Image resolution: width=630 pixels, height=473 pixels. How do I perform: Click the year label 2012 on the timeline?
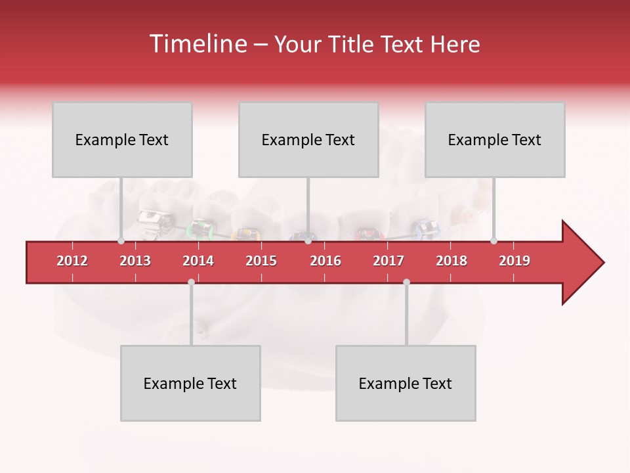click(72, 261)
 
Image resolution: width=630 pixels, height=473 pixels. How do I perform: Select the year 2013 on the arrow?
click(135, 261)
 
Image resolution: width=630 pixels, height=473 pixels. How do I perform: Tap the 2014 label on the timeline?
click(198, 261)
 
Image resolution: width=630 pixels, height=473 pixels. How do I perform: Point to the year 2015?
click(261, 261)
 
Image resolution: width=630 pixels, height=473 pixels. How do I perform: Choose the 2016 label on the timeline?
click(325, 261)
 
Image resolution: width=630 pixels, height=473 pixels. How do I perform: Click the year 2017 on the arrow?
click(388, 261)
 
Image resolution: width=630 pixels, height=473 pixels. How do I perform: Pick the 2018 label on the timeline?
click(451, 261)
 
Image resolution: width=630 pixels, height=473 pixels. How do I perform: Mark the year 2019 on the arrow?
click(514, 261)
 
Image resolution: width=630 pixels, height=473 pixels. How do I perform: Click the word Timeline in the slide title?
click(197, 44)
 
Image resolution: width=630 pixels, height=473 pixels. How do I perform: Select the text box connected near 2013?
click(122, 139)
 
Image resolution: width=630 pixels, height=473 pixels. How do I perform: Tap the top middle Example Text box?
click(308, 139)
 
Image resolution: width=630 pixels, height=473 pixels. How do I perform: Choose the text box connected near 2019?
click(495, 139)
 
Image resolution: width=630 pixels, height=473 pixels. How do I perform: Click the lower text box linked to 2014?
click(190, 383)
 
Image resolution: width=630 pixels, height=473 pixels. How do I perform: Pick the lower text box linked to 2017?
click(406, 383)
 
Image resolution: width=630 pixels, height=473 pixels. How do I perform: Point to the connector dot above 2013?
click(121, 240)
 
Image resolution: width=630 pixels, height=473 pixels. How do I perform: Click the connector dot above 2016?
click(308, 240)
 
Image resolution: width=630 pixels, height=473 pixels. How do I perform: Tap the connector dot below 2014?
click(191, 282)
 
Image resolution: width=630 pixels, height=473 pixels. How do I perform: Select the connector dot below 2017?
click(406, 282)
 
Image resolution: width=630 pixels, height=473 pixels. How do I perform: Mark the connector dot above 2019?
click(494, 240)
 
